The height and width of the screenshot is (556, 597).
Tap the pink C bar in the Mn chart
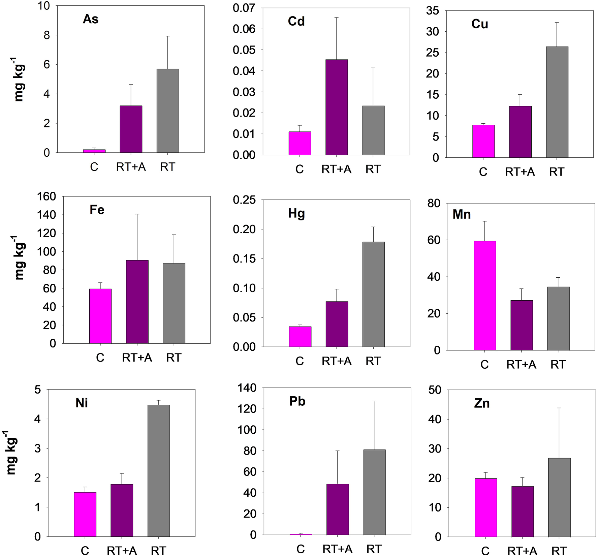tap(485, 296)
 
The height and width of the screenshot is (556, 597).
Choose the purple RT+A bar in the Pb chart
tap(338, 509)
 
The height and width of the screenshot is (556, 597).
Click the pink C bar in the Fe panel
tap(100, 316)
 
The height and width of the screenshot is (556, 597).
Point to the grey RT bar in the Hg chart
tap(374, 294)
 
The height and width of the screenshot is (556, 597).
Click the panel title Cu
tap(479, 24)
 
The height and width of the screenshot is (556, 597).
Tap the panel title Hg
tap(296, 214)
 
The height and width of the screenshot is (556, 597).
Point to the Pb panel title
tap(297, 402)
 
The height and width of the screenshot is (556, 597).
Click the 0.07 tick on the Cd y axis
tap(244, 8)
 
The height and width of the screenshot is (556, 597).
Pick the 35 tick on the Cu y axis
tap(433, 11)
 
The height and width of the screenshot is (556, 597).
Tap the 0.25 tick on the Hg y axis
tap(244, 200)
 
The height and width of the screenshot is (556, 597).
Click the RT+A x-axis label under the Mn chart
tap(521, 364)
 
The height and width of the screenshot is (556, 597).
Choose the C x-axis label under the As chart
tap(94, 167)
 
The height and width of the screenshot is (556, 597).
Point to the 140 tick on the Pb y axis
tap(248, 388)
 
